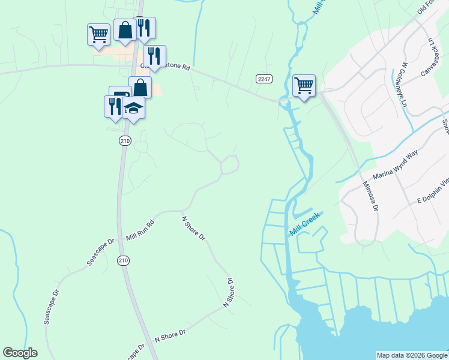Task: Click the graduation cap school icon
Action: click(x=134, y=107)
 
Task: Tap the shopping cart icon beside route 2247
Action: click(x=304, y=85)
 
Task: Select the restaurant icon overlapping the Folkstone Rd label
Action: click(x=154, y=56)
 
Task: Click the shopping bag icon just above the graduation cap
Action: click(x=140, y=87)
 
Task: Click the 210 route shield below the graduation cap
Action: click(x=124, y=140)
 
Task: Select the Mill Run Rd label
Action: click(x=140, y=229)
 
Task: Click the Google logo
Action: click(x=20, y=353)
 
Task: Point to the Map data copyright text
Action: click(x=412, y=355)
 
